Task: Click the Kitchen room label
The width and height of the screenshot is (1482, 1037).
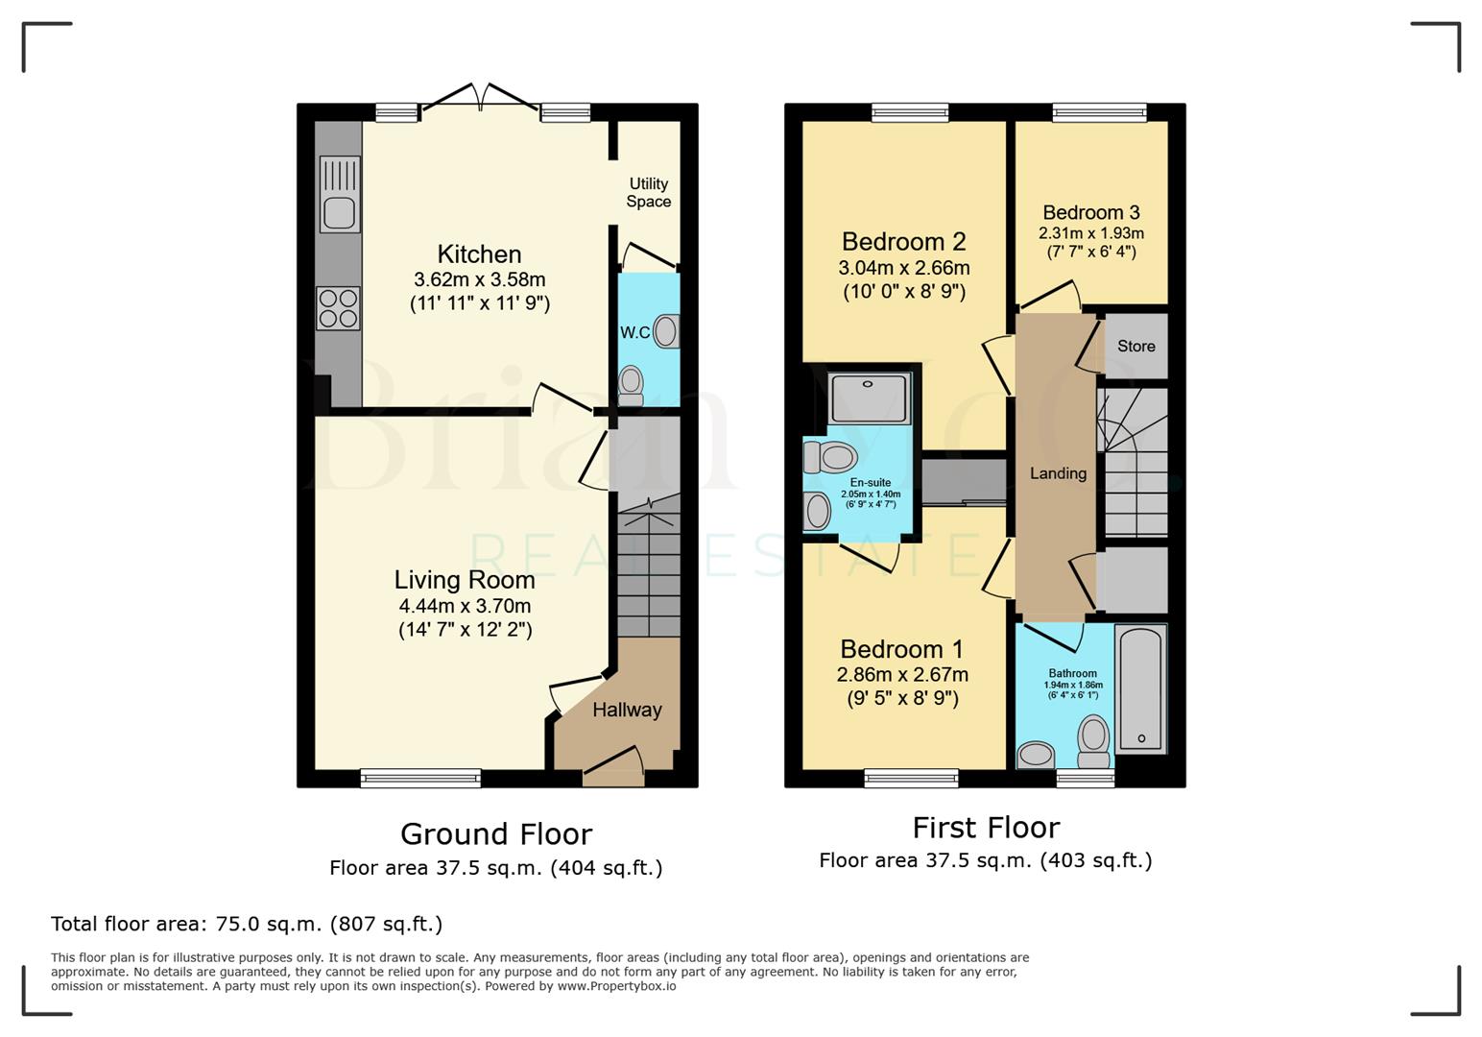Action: tap(479, 254)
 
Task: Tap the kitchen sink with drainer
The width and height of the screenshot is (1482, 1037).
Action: tap(339, 194)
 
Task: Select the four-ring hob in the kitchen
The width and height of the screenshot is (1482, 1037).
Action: tap(339, 308)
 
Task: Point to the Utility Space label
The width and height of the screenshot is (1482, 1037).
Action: tap(648, 192)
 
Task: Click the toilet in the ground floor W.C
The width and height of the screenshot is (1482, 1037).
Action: tap(631, 383)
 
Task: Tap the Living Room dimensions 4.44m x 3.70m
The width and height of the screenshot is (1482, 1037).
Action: tap(465, 606)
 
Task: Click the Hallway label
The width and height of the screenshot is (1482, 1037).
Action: tap(627, 710)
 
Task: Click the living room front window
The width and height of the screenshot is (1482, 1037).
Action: tap(420, 778)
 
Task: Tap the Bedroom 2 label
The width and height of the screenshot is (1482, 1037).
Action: tap(903, 242)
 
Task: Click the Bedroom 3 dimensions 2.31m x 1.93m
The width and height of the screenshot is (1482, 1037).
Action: tap(1091, 233)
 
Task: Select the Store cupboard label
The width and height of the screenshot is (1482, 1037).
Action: tap(1135, 346)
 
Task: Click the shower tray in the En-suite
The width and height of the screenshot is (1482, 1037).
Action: tap(869, 398)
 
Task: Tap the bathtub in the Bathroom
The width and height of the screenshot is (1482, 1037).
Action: tap(1141, 688)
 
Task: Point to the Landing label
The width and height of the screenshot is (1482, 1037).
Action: tap(1058, 473)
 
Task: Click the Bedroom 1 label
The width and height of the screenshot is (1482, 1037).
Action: tap(901, 649)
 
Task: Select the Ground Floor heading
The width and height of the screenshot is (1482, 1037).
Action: tap(496, 833)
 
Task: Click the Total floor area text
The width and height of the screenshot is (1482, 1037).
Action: tap(247, 924)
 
